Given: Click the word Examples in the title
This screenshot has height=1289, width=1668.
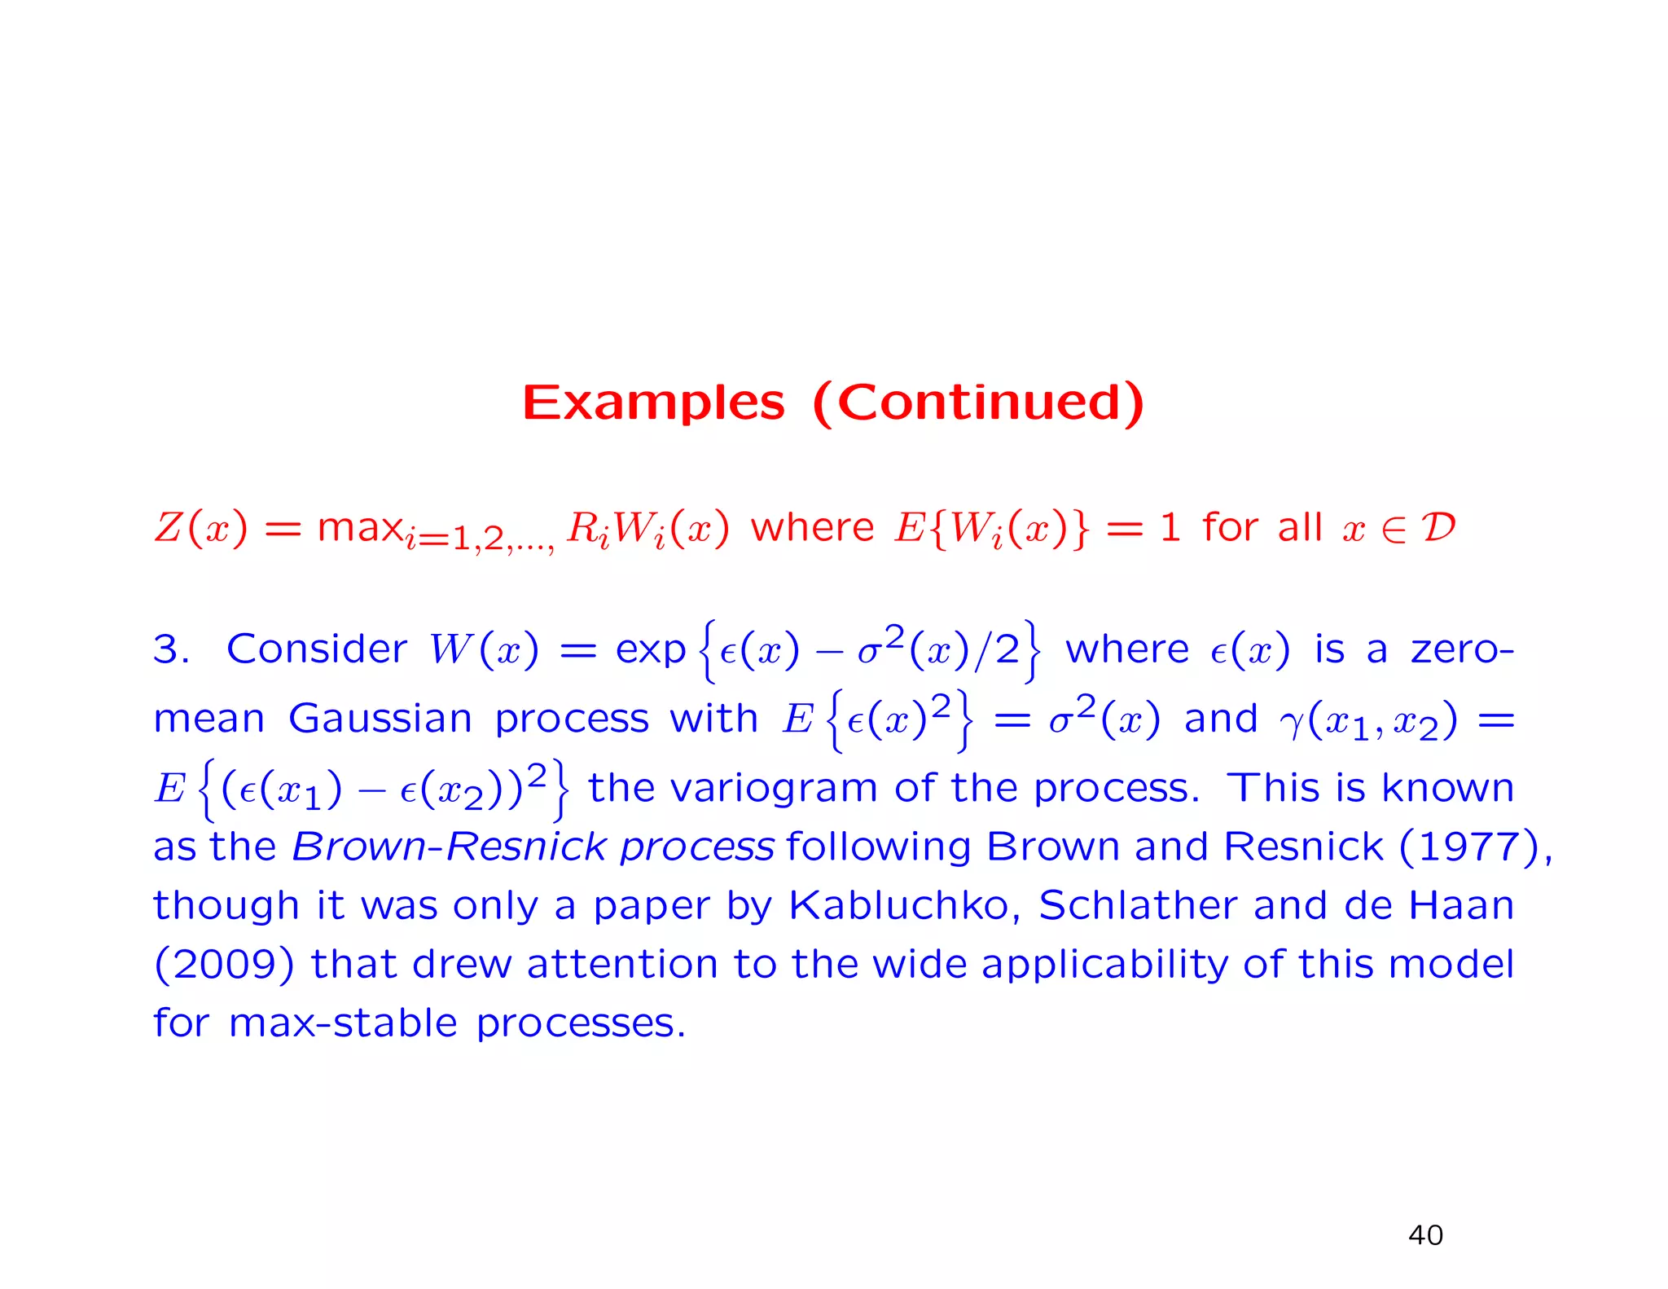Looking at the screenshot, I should tap(653, 403).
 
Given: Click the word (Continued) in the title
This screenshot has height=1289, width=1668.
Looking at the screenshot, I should tap(979, 403).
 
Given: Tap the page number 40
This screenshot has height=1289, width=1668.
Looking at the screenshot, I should tap(1425, 1235).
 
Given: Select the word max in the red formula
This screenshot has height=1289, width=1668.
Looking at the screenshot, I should tap(360, 527).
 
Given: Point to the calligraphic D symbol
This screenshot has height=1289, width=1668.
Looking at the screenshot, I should tap(1438, 527).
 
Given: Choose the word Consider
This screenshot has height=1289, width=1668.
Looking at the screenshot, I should tap(316, 649).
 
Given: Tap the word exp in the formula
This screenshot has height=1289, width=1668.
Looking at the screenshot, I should tap(650, 650).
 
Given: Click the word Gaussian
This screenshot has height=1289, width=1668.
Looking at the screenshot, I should tap(380, 719).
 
